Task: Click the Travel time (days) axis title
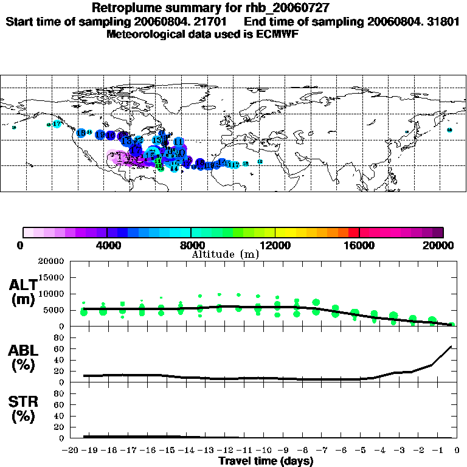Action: point(266,462)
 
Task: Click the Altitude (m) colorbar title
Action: point(225,254)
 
